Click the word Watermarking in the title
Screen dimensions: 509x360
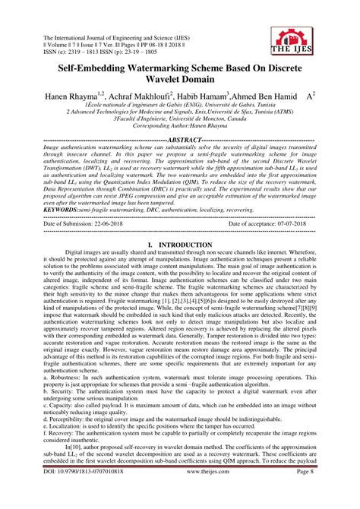tap(149, 68)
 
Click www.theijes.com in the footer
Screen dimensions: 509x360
tap(181, 492)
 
